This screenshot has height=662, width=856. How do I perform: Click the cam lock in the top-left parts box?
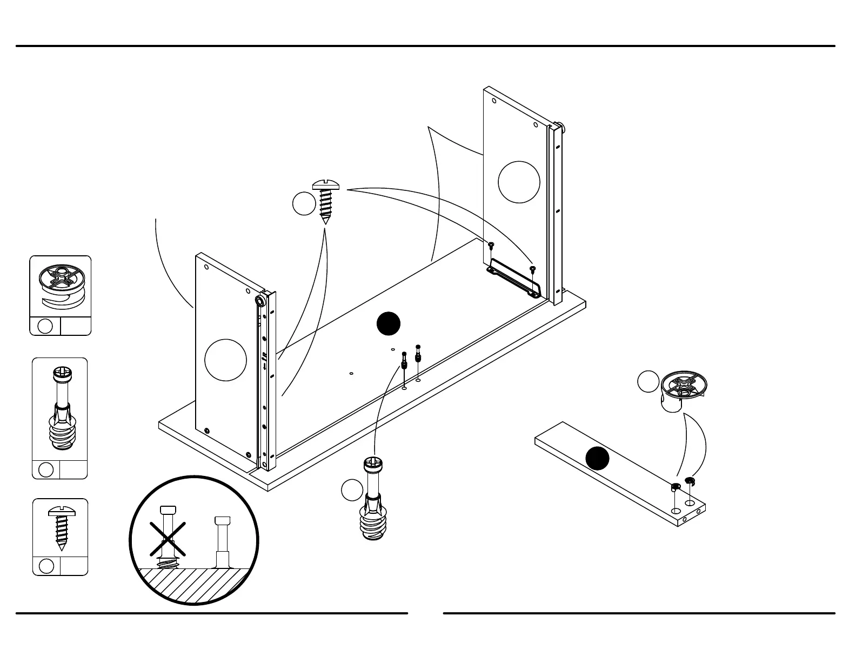(x=59, y=287)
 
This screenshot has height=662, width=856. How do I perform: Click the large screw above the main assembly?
(x=326, y=201)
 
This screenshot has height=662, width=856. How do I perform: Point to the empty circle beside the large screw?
(x=304, y=204)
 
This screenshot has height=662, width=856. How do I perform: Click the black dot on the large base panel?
(x=389, y=324)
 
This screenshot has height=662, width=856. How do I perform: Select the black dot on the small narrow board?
(x=597, y=459)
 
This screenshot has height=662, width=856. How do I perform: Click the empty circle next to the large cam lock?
(x=648, y=381)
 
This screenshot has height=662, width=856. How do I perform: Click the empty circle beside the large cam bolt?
(x=352, y=490)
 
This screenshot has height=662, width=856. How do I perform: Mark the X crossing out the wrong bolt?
(x=168, y=539)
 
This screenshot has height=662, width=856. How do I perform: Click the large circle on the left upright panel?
(x=226, y=360)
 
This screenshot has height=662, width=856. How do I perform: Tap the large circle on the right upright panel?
(x=519, y=182)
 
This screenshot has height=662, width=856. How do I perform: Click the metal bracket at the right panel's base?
(x=513, y=277)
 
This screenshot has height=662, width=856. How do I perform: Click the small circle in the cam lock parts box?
(x=46, y=326)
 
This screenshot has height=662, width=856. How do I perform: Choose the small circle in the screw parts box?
(x=46, y=566)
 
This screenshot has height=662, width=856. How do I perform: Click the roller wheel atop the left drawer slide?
(x=260, y=301)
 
